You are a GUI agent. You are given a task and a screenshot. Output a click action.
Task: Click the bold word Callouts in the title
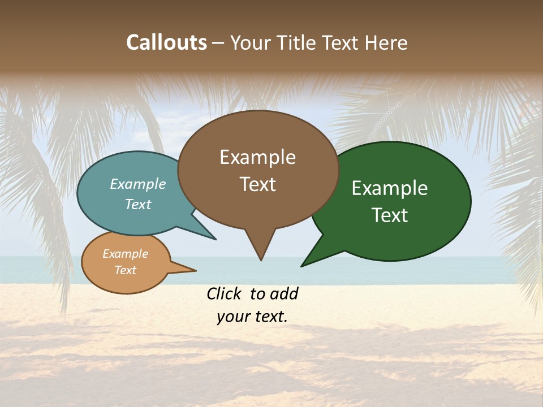tap(166, 42)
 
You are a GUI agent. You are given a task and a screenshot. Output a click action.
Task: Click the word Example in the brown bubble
tap(257, 157)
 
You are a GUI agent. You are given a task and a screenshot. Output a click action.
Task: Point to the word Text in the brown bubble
tap(257, 184)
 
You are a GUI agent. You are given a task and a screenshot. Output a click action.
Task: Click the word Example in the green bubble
tap(390, 188)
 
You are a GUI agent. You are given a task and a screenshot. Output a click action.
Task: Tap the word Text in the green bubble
tap(390, 215)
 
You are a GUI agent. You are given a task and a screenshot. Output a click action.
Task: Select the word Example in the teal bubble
tap(138, 184)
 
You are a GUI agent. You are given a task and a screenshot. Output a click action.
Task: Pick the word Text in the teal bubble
tap(138, 205)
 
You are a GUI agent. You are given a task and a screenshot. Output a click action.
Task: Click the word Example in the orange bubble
tap(125, 254)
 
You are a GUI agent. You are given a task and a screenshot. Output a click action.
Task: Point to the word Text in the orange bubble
tap(125, 270)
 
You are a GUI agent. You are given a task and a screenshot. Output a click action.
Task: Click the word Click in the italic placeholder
tap(225, 293)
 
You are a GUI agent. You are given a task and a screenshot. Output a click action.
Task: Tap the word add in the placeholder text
tap(285, 293)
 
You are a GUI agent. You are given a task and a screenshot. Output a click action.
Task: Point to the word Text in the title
tap(341, 42)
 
